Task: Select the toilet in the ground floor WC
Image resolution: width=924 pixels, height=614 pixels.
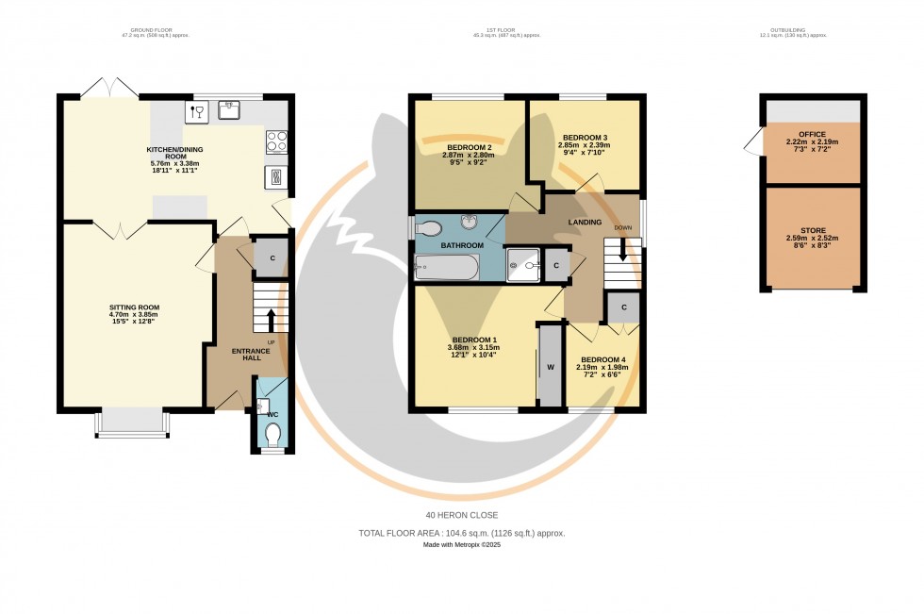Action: point(273,433)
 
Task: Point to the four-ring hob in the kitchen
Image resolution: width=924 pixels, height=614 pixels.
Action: point(278,141)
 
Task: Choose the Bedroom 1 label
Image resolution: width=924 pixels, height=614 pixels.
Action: point(474,340)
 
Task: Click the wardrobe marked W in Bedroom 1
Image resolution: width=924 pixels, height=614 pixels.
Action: point(548,366)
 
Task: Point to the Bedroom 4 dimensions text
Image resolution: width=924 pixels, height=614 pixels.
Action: point(602,373)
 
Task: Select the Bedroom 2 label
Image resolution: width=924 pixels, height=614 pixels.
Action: point(470,148)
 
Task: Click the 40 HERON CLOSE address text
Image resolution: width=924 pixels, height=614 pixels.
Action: point(461,515)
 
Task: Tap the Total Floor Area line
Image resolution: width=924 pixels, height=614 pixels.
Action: point(461,533)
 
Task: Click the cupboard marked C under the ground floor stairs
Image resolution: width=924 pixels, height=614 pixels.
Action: point(272,258)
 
